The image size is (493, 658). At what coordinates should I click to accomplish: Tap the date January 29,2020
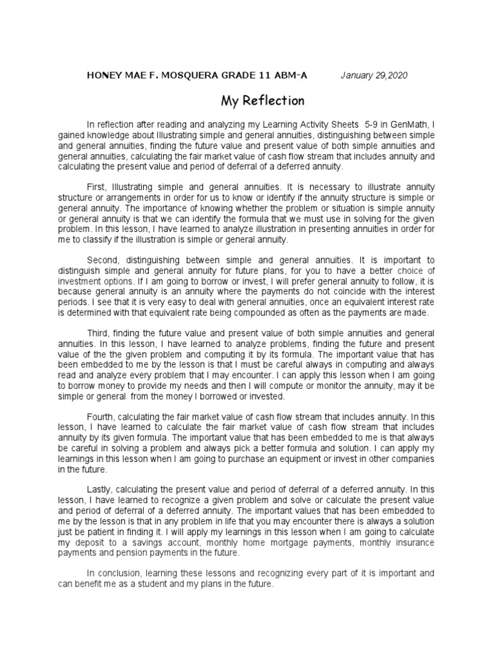click(374, 75)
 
